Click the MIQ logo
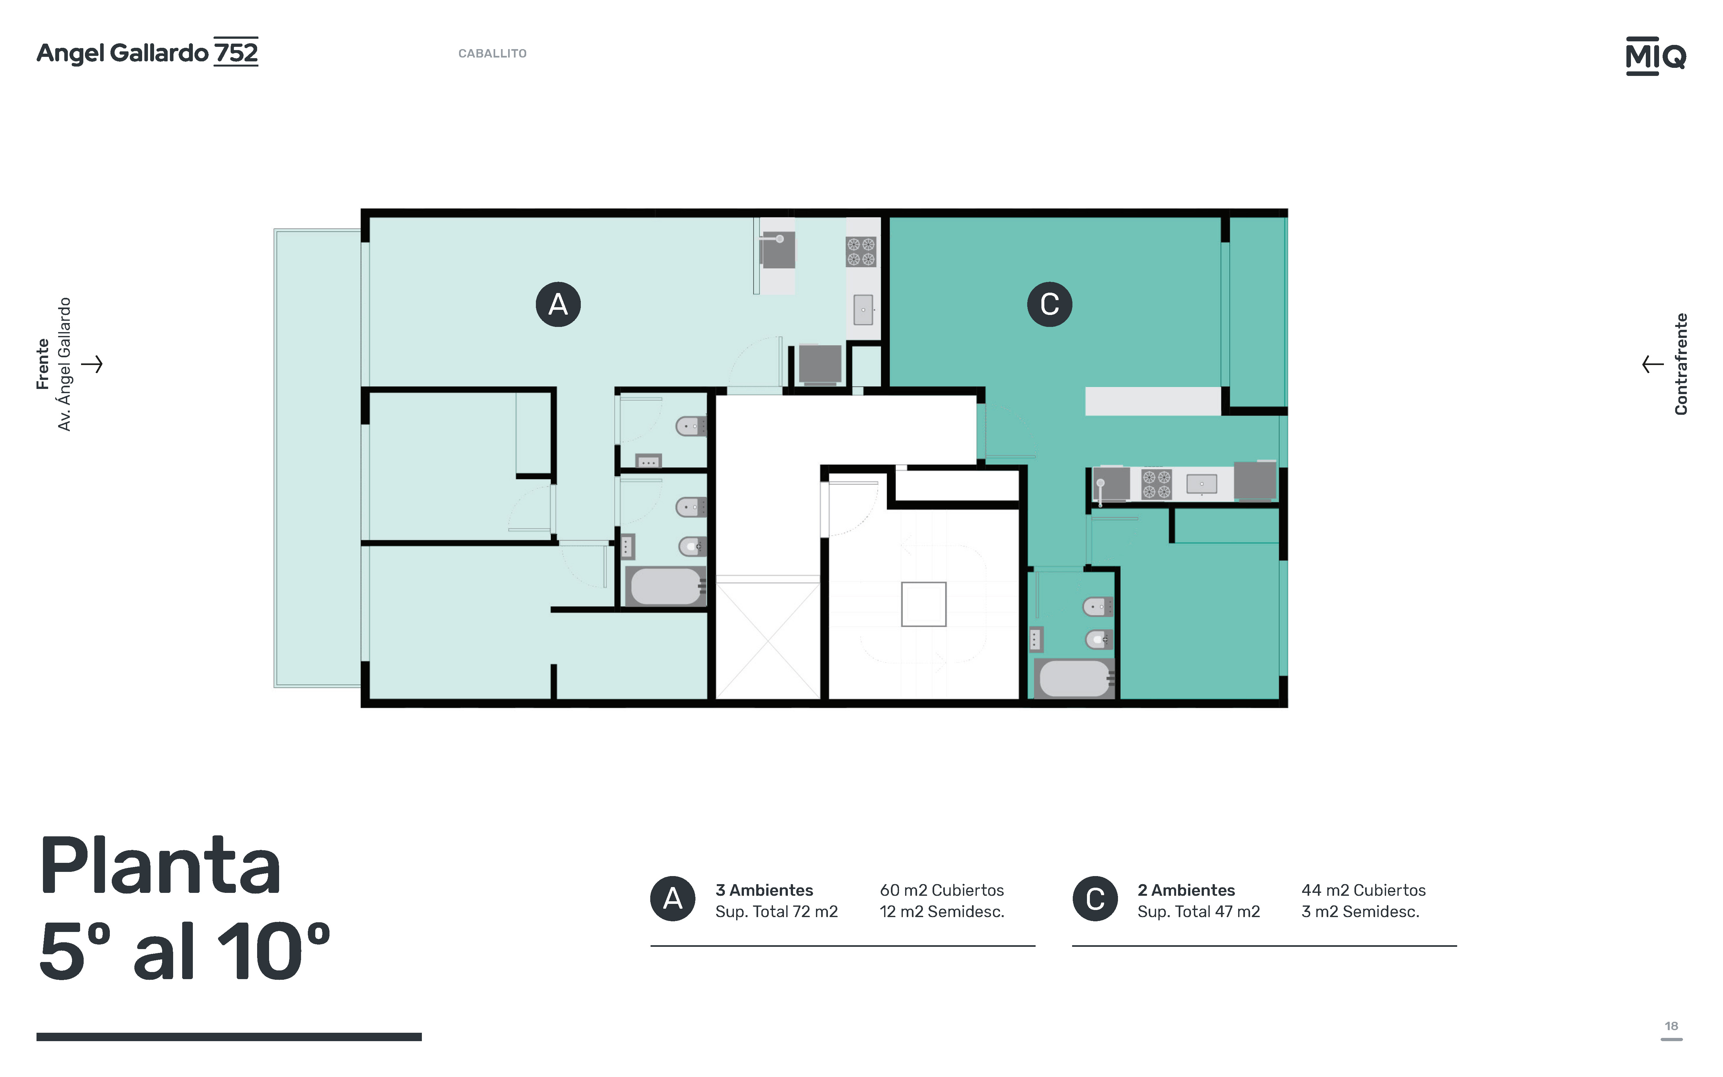point(1655,56)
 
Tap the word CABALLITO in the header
point(492,53)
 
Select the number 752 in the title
point(236,53)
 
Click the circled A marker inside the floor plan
point(558,304)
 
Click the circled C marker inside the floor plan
point(1049,304)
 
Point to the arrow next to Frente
point(92,364)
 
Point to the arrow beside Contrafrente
point(1653,364)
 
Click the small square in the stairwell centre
point(923,604)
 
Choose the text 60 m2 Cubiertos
point(942,890)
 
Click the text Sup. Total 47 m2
point(1199,912)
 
